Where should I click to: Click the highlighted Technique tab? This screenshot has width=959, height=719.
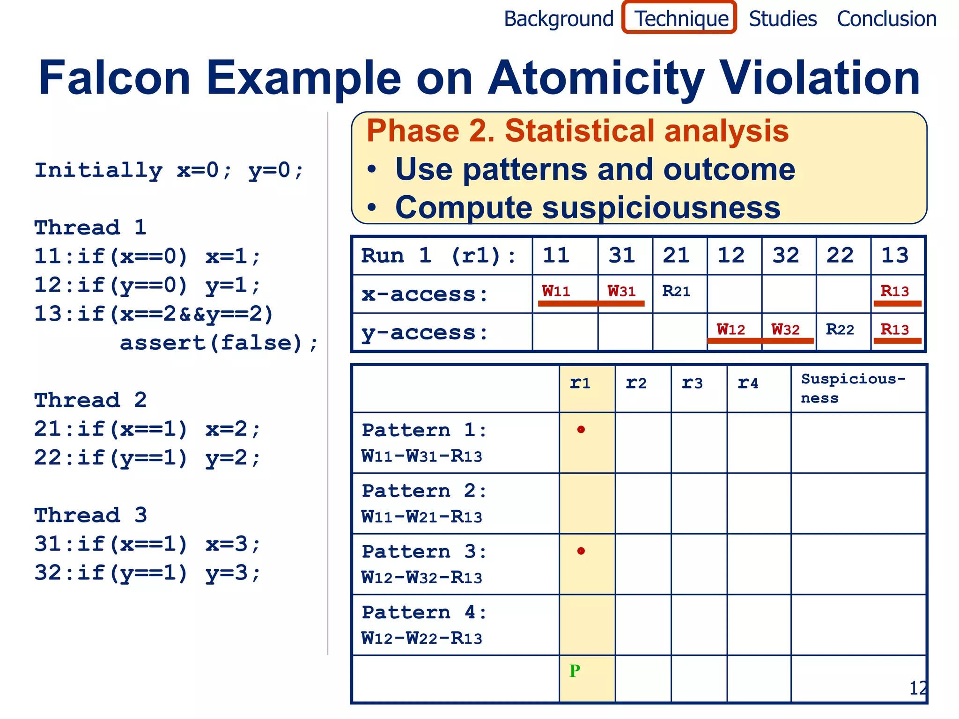680,19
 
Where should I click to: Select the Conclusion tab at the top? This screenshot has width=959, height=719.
886,19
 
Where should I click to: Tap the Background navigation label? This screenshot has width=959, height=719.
558,19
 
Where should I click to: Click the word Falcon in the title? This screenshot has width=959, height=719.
115,78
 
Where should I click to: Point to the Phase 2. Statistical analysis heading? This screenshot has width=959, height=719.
577,131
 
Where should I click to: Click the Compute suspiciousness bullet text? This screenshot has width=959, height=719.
588,207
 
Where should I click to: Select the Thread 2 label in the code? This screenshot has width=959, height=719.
90,400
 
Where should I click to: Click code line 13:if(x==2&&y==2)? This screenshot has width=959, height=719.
154,314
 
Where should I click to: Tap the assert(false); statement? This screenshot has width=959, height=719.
219,343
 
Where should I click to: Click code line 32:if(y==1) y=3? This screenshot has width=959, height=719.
147,572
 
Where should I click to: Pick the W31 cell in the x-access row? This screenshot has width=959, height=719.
621,291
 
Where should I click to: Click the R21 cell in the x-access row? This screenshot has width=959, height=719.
676,291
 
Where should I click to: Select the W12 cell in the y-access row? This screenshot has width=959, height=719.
730,330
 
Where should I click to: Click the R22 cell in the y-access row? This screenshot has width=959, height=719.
840,330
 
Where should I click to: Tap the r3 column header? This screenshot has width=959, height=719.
692,383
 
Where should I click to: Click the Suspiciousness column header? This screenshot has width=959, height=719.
853,388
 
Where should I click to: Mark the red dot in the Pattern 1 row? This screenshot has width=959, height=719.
581,429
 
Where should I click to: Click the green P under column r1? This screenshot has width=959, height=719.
575,671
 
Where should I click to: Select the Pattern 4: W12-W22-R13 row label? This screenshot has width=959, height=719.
424,625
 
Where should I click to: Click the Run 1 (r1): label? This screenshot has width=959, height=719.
439,256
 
